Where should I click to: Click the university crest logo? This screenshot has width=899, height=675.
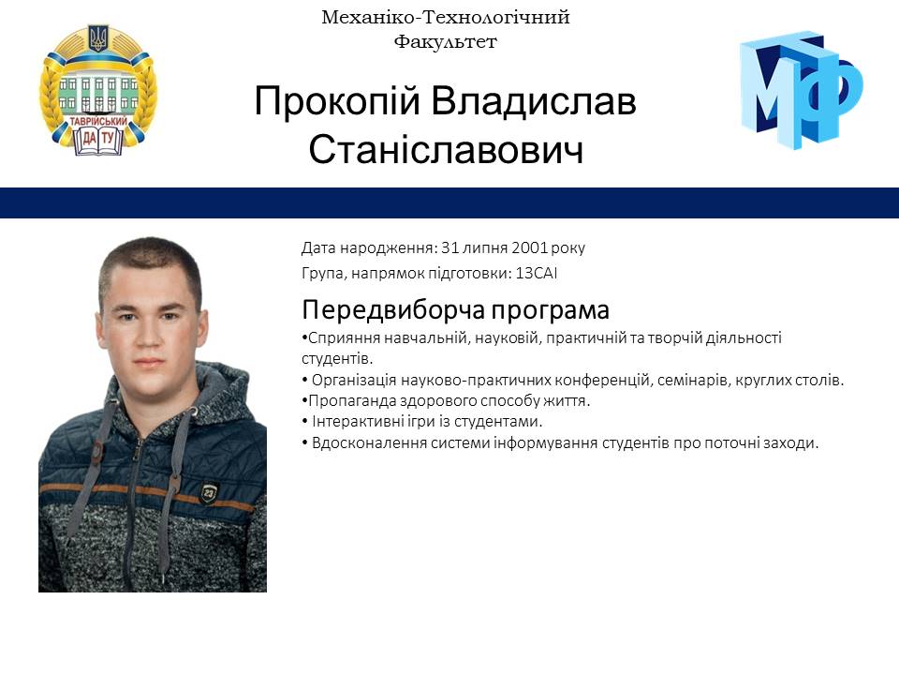97,91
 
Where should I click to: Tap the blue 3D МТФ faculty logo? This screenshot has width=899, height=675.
801,89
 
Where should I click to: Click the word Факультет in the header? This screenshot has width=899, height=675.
445,41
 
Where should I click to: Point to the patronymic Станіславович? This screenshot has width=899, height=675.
446,149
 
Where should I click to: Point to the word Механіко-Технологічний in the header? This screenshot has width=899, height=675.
445,17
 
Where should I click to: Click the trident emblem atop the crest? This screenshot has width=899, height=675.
98,38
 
